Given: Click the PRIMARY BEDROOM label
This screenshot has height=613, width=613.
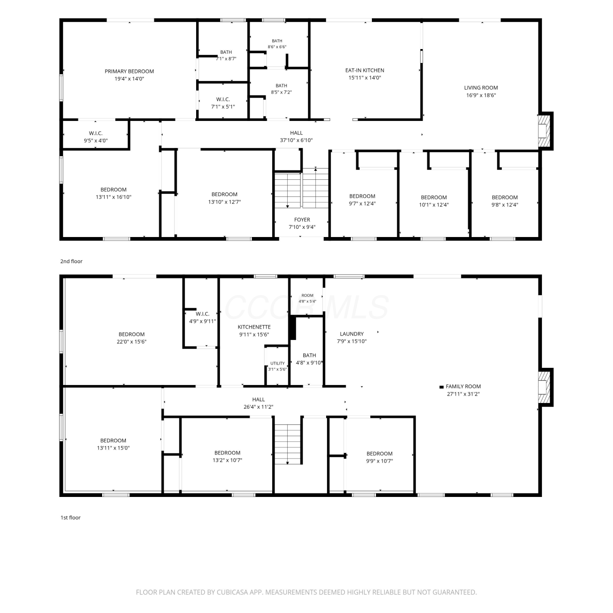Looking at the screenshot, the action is [x=129, y=72].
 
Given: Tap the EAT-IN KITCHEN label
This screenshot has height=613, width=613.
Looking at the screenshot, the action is [x=365, y=70].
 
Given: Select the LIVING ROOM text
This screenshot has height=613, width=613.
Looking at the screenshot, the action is [x=481, y=88].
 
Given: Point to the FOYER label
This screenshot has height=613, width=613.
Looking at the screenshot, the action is [x=302, y=220].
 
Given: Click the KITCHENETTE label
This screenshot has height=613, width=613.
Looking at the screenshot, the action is [x=254, y=327].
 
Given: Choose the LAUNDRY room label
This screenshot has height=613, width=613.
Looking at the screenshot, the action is [x=351, y=334].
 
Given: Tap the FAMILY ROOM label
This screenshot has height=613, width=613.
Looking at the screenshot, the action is [x=463, y=387].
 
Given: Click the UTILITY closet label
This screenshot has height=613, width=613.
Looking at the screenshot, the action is [x=277, y=363].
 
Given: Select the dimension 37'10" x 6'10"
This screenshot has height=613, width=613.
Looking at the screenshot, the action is [x=296, y=140].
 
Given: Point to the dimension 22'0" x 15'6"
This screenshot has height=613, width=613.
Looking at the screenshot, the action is [x=132, y=342].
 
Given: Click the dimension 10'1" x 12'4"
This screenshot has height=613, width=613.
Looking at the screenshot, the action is [x=434, y=205].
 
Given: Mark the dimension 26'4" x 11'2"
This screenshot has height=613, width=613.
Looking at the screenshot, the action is [x=258, y=407].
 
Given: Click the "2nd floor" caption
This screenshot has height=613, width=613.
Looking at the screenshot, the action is [x=72, y=262].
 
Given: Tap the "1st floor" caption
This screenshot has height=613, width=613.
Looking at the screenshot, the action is [x=71, y=518].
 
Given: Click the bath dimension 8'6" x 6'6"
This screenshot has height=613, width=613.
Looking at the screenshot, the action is [x=277, y=47].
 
